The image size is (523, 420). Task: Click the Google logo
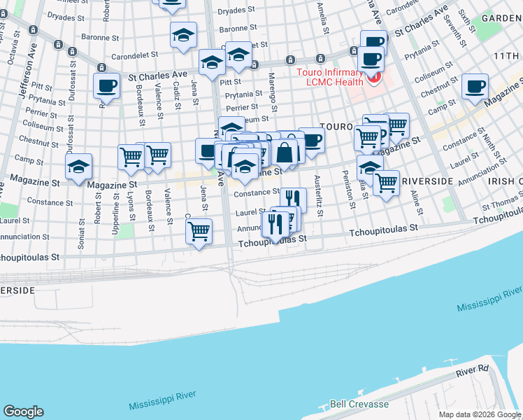click(x=24, y=411)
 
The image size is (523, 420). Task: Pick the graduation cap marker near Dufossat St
click(x=78, y=167)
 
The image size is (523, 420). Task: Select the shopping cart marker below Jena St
click(x=199, y=231)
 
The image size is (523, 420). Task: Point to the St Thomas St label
click(x=499, y=205)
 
